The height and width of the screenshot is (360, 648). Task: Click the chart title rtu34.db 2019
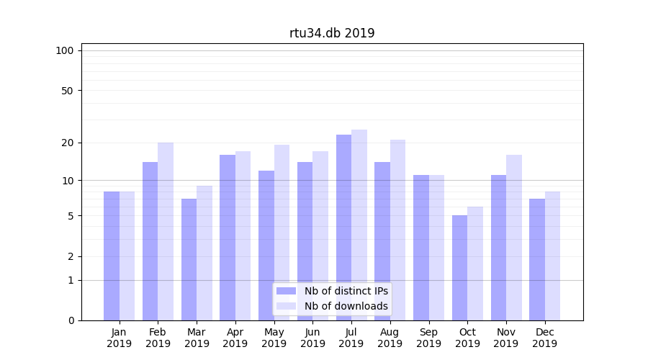tap(332, 33)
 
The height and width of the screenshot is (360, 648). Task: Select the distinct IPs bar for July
tap(343, 228)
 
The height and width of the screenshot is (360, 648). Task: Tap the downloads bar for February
tap(166, 231)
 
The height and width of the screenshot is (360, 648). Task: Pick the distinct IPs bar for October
tap(459, 268)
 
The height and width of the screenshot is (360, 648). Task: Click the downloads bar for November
tap(514, 238)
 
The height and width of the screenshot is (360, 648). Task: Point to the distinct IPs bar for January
tap(112, 256)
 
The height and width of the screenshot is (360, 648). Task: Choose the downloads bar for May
tap(282, 233)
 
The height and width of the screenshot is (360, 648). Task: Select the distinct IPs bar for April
tap(228, 238)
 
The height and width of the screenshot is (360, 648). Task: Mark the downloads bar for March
tap(204, 253)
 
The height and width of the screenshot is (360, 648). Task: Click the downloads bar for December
tap(552, 256)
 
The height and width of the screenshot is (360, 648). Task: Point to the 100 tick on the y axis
tap(65, 50)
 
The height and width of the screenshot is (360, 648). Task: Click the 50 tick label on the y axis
tap(67, 91)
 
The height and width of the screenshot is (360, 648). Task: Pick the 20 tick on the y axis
tap(67, 143)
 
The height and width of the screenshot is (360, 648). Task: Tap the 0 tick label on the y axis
tap(71, 320)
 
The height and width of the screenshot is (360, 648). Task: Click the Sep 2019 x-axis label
tap(428, 338)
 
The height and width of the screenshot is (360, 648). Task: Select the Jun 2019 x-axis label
tap(312, 338)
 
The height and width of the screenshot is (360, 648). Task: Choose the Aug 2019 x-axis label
tap(390, 338)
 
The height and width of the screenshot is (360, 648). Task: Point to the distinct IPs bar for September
tap(420, 248)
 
